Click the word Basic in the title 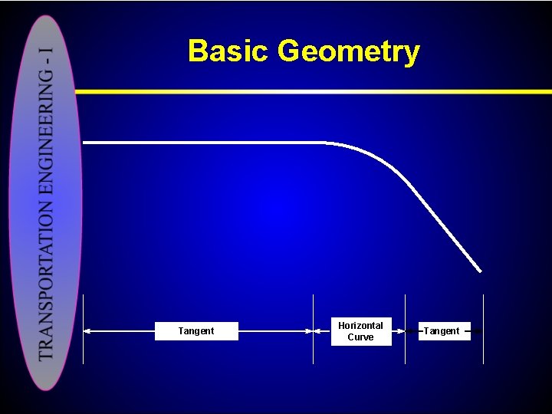pyautogui.click(x=229, y=51)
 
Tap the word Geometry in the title pyautogui.click(x=349, y=52)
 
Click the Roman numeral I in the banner pyautogui.click(x=47, y=54)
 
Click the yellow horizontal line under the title pyautogui.click(x=307, y=91)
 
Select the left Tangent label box pyautogui.click(x=196, y=331)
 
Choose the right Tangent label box pyautogui.click(x=442, y=331)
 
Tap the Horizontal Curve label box pyautogui.click(x=360, y=331)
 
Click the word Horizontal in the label pyautogui.click(x=360, y=326)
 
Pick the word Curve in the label pyautogui.click(x=360, y=337)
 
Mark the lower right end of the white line pyautogui.click(x=480, y=271)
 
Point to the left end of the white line pyautogui.click(x=84, y=143)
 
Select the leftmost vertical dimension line pyautogui.click(x=83, y=330)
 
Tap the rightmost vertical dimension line pyautogui.click(x=483, y=330)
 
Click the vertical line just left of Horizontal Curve pyautogui.click(x=314, y=330)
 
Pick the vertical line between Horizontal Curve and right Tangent pyautogui.click(x=405, y=330)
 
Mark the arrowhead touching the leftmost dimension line pyautogui.click(x=87, y=331)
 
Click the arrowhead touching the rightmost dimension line pyautogui.click(x=478, y=331)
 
